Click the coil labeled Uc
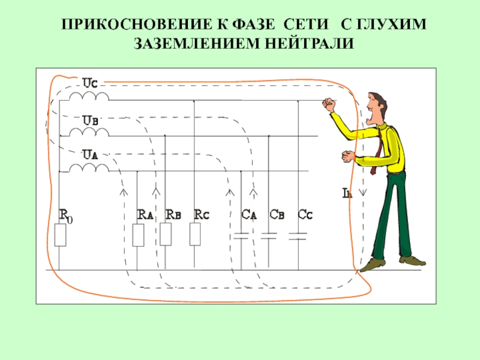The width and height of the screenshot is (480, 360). click(x=89, y=96)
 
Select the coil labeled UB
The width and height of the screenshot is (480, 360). click(x=89, y=131)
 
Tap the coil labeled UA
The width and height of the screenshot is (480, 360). click(x=89, y=167)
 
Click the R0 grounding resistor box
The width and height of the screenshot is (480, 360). click(x=60, y=235)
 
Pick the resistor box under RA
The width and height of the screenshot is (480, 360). click(x=138, y=235)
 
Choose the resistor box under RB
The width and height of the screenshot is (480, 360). click(x=166, y=235)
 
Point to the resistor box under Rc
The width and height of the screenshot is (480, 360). click(x=194, y=235)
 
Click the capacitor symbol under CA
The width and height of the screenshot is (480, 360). click(x=241, y=235)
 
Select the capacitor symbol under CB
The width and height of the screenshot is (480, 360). click(x=269, y=235)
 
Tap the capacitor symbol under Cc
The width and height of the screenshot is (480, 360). click(x=298, y=235)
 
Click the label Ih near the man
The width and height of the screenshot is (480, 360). click(x=347, y=193)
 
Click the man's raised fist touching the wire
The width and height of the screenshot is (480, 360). click(x=328, y=104)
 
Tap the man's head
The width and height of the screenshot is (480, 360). click(x=376, y=107)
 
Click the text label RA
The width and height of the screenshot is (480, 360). click(x=145, y=214)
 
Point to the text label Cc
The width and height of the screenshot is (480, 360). click(x=306, y=214)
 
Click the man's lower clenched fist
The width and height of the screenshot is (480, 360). click(x=348, y=157)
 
